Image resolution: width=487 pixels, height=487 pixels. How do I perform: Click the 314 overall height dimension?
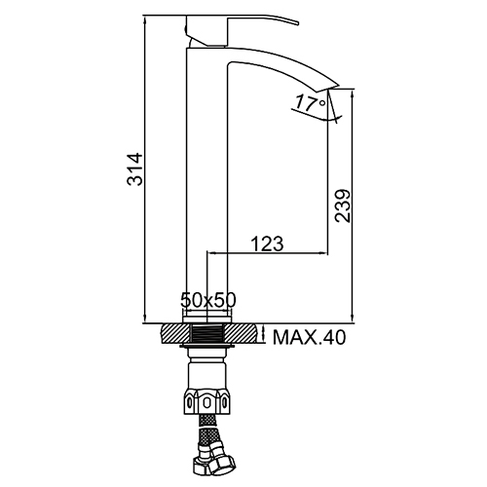pyautogui.click(x=135, y=169)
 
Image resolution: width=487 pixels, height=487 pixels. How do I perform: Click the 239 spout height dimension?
pyautogui.click(x=343, y=206)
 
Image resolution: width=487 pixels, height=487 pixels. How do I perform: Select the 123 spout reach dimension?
pyautogui.click(x=267, y=243)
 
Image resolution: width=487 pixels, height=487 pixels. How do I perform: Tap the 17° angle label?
pyautogui.click(x=310, y=102)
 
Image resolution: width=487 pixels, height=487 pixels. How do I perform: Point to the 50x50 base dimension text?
pyautogui.click(x=208, y=300)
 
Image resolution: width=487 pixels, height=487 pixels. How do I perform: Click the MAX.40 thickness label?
pyautogui.click(x=309, y=337)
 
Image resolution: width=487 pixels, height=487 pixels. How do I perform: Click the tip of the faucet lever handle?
pyautogui.click(x=297, y=23)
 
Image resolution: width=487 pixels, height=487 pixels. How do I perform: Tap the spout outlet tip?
pyautogui.click(x=338, y=86)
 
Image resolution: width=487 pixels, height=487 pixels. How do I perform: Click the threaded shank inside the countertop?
pyautogui.click(x=207, y=333)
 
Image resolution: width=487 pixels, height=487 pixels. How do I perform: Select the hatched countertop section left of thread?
pyautogui.click(x=175, y=333)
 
